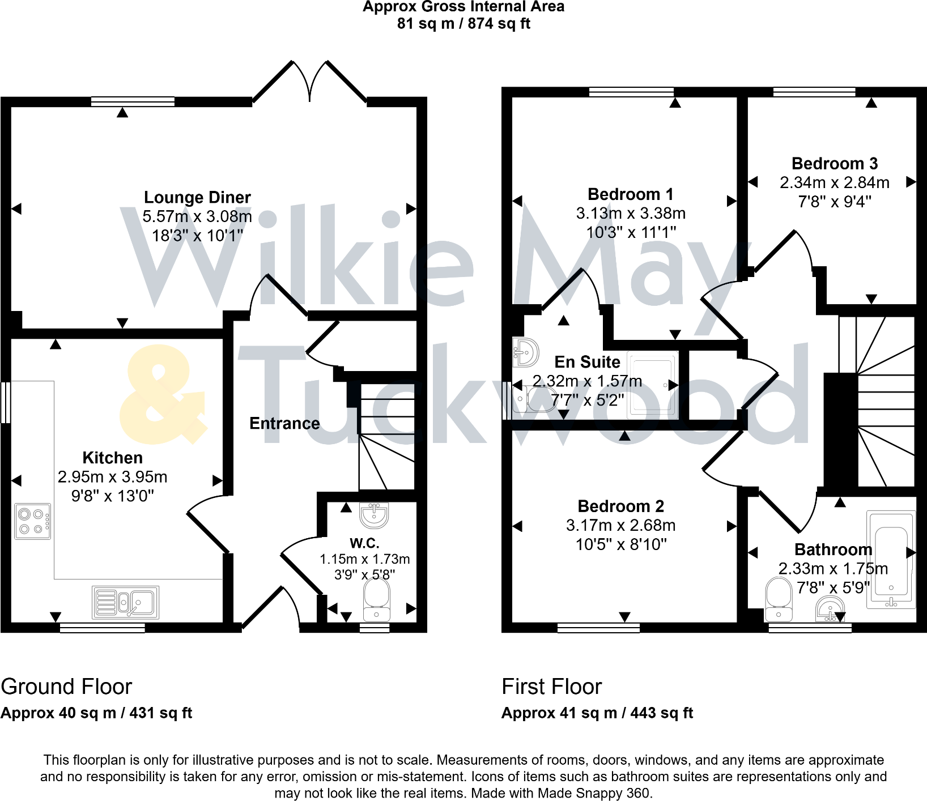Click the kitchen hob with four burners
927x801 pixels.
click(x=32, y=521)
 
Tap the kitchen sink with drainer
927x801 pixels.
click(x=126, y=602)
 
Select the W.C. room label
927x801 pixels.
click(x=364, y=543)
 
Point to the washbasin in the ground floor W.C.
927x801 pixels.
click(x=374, y=515)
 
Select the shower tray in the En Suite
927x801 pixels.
click(x=653, y=385)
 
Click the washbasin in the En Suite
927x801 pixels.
click(x=526, y=353)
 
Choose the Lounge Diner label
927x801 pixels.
click(x=197, y=197)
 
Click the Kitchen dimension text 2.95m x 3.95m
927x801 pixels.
click(x=112, y=477)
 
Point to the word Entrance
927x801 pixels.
click(x=284, y=423)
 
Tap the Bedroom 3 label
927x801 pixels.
click(x=835, y=163)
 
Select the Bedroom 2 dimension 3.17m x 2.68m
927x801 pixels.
click(x=620, y=526)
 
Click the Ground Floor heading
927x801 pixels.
click(x=66, y=687)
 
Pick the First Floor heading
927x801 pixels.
click(x=551, y=687)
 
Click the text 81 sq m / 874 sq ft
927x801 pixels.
click(x=463, y=24)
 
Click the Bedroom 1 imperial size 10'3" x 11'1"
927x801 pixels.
click(x=631, y=232)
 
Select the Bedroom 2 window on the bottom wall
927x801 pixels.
click(x=598, y=628)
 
